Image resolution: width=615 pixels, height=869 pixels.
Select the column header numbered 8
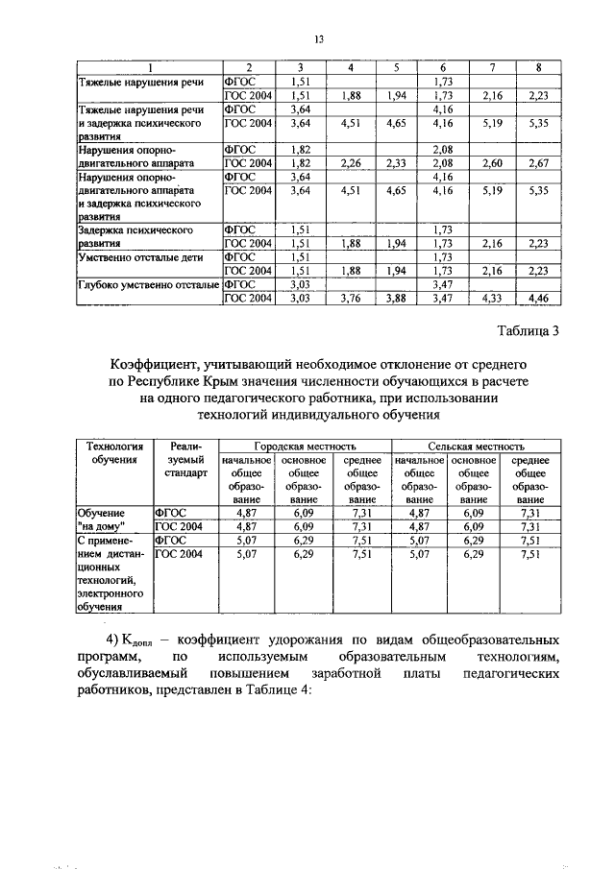pos(539,67)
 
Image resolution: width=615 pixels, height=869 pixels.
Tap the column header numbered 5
pos(397,67)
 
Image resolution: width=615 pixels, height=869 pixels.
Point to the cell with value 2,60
pos(490,164)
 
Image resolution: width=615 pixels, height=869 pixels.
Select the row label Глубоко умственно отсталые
pos(148,286)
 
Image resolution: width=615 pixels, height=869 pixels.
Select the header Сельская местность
pos(477,447)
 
